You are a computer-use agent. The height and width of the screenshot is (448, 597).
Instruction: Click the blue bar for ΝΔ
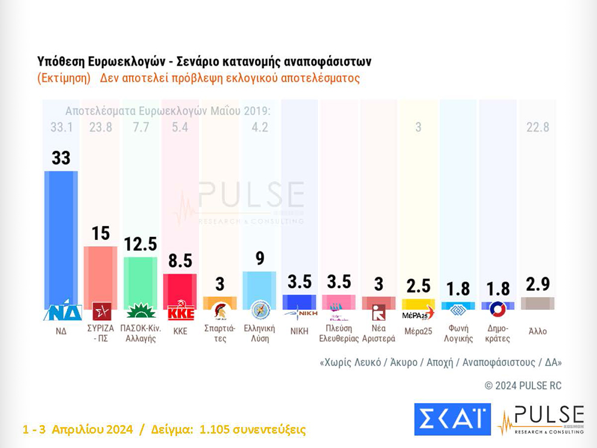(61, 238)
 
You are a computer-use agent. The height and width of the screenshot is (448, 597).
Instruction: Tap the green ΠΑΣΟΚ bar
(140, 280)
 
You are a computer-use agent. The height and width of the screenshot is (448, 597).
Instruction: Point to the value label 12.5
(140, 244)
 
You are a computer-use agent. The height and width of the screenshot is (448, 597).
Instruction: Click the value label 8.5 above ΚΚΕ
(180, 261)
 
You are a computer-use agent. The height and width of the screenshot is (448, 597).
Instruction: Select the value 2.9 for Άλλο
(537, 283)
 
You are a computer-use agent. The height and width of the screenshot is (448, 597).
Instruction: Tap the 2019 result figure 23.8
(100, 127)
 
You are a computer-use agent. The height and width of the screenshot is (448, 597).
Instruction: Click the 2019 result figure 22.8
(537, 127)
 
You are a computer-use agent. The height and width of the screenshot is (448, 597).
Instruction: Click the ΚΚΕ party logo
(180, 312)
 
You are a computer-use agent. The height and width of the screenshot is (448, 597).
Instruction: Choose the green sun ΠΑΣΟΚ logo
(140, 312)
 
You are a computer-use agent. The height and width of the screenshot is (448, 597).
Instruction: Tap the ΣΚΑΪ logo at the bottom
(452, 419)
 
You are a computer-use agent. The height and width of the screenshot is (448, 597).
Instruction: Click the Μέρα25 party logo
(418, 313)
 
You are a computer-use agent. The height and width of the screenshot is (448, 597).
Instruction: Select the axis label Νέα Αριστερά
(378, 333)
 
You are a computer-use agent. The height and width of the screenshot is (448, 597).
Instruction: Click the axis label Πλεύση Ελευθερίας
(338, 333)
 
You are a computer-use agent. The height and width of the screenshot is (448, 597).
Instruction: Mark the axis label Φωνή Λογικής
(458, 333)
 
